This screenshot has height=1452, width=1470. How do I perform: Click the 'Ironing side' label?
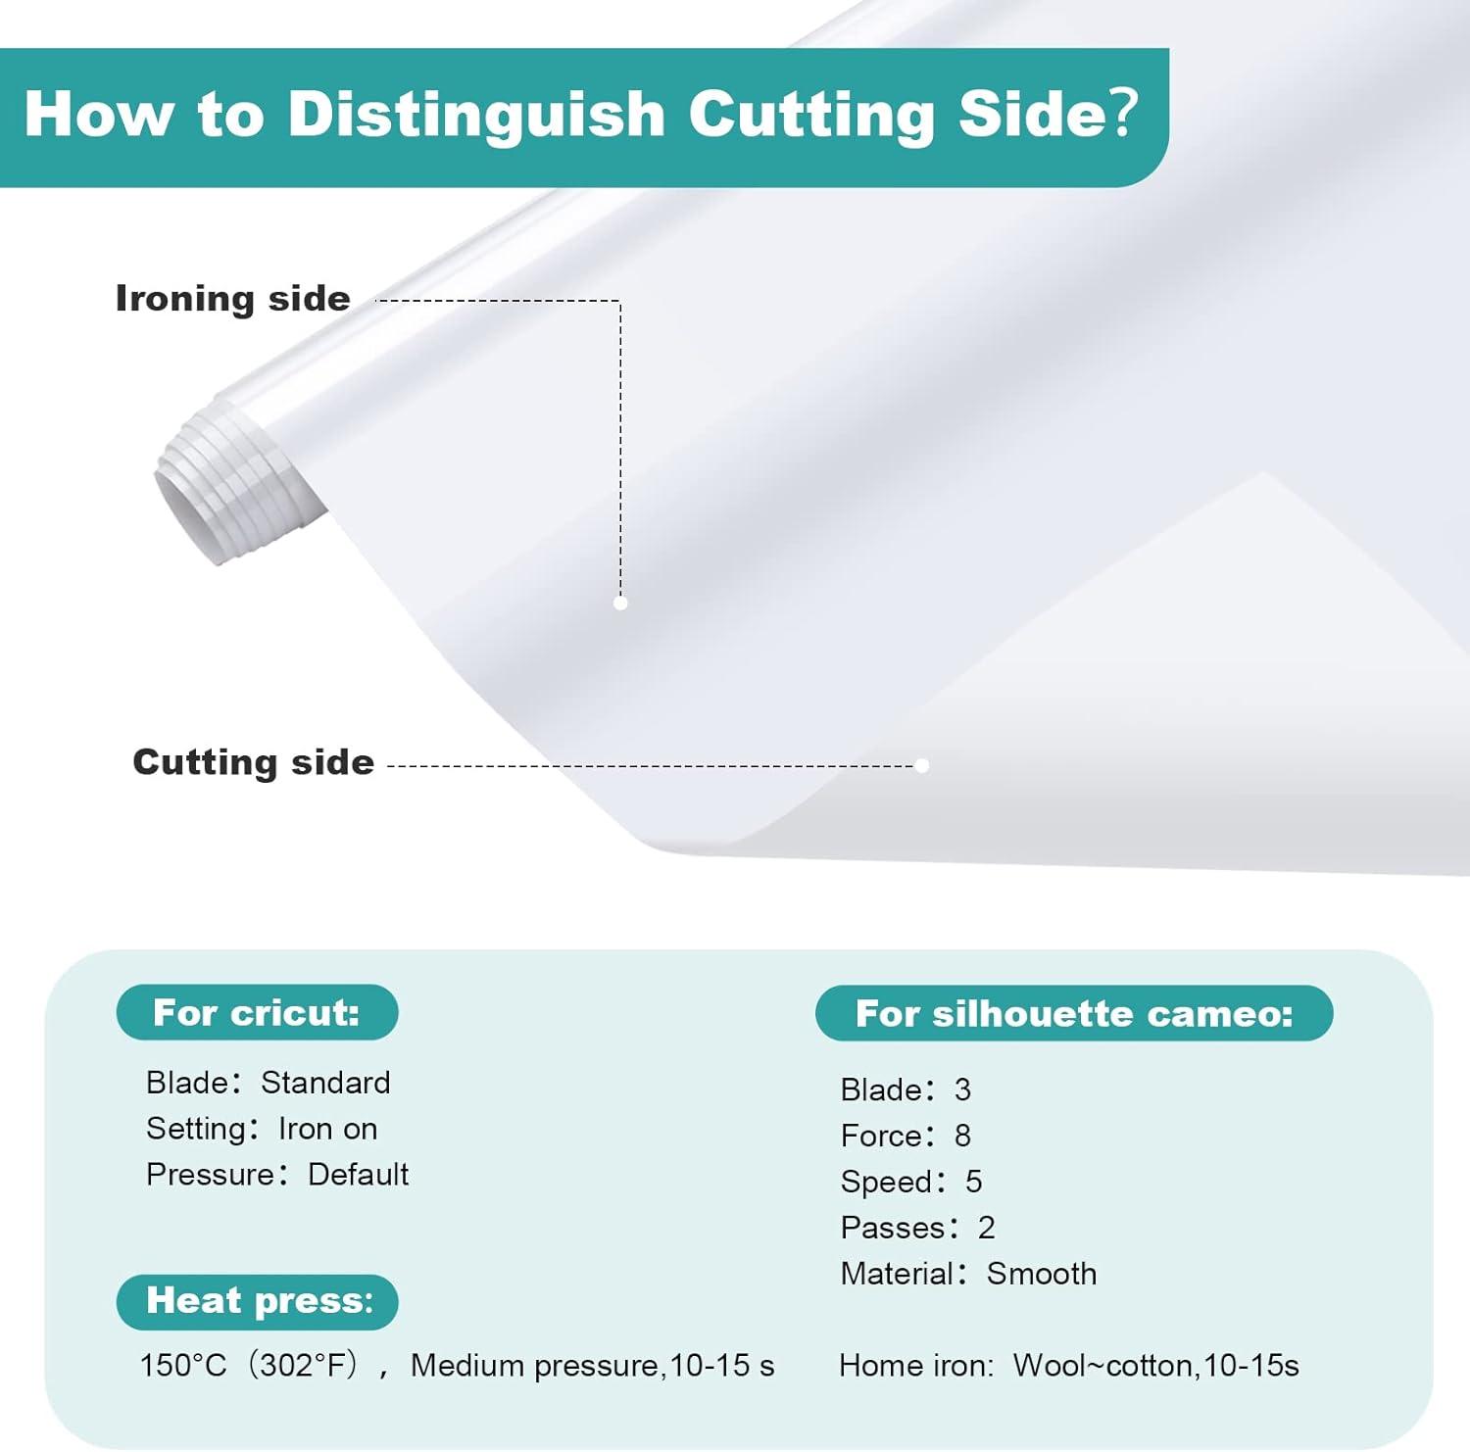(232, 299)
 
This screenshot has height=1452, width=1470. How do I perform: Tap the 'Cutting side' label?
(253, 762)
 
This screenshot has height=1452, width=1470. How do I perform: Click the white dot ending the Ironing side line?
(620, 604)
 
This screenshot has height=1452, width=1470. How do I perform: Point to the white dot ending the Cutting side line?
(921, 765)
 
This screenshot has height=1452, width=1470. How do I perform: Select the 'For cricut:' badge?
(257, 1012)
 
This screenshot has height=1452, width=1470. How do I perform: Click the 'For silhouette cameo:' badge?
(1074, 1013)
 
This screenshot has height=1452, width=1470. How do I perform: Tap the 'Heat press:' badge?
(258, 1301)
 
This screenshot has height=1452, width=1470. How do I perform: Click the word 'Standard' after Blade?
(325, 1083)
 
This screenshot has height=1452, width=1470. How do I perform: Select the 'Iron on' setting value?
(328, 1129)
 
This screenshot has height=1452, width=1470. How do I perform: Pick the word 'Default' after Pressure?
(358, 1174)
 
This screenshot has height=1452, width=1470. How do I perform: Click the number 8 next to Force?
(962, 1136)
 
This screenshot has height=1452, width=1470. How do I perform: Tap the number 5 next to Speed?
(973, 1182)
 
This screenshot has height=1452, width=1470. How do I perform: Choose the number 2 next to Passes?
(986, 1228)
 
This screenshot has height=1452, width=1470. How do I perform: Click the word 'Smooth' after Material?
(1042, 1274)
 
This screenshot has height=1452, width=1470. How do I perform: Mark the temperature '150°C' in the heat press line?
(183, 1365)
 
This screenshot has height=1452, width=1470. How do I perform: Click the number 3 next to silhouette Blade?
(962, 1089)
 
